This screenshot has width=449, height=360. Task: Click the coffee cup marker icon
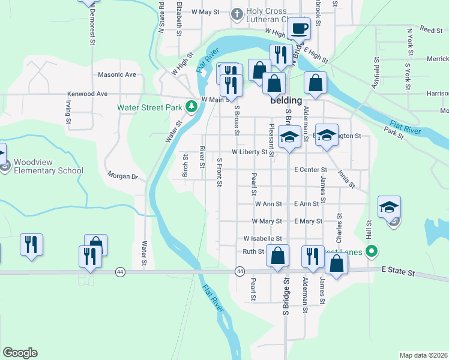click(x=298, y=28)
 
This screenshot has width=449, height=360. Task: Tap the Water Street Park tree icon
click(x=191, y=107)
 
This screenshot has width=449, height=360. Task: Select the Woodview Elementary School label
click(x=49, y=166)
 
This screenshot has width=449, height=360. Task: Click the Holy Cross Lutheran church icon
click(x=237, y=13)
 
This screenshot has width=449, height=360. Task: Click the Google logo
click(x=20, y=353)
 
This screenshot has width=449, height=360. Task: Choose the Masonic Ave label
click(x=117, y=75)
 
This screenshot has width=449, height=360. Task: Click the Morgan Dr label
click(x=122, y=176)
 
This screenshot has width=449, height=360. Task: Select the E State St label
click(x=398, y=272)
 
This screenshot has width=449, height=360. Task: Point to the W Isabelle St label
click(x=262, y=238)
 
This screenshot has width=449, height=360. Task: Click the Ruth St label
click(x=253, y=251)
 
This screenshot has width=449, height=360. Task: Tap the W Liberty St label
click(x=249, y=152)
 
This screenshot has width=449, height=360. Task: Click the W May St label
click(x=206, y=11)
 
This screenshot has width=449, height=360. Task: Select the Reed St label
click(x=431, y=29)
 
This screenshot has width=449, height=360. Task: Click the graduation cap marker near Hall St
click(x=389, y=207)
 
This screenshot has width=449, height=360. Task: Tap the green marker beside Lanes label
click(x=372, y=251)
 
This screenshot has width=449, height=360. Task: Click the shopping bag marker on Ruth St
click(x=277, y=256)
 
